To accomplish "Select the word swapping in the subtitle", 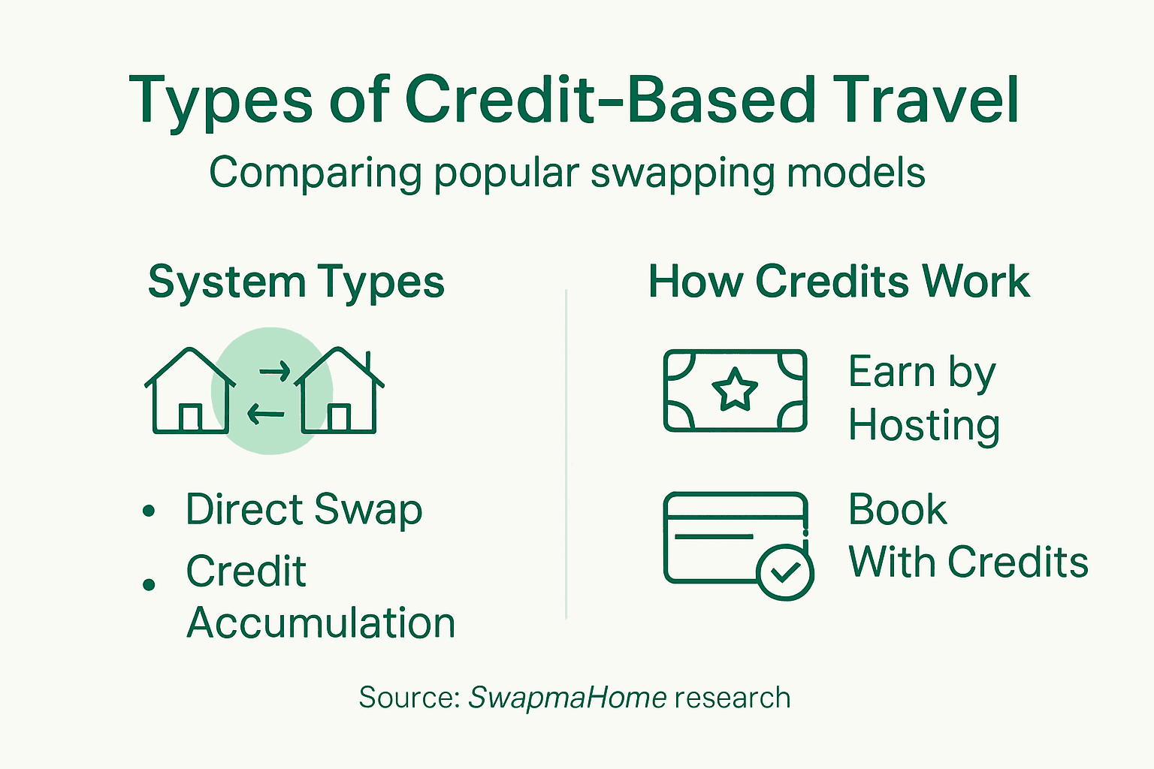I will coord(683,173).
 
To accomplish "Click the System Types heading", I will coord(296,282).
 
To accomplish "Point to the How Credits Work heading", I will coord(838,282).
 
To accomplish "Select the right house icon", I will coord(339,391).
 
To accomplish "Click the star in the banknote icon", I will coord(734,390).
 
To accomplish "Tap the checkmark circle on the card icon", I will coord(785,572).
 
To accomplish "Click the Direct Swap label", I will coord(304,510).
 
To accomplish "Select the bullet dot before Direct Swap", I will coord(149,511).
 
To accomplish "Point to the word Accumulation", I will coord(321,623).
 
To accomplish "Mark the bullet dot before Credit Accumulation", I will coord(149,584).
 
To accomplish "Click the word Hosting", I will coord(923,426).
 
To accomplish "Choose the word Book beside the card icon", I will coord(897,510).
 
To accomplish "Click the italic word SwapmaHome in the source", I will coord(567,698).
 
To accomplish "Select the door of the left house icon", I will coord(190,418).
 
